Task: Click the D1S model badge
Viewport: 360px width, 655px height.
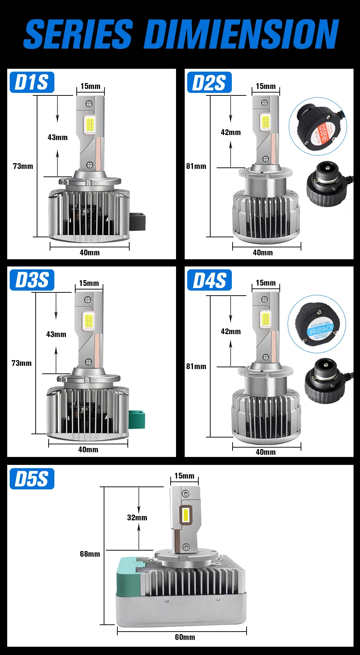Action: pos(32,82)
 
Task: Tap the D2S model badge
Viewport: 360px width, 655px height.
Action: pos(209,83)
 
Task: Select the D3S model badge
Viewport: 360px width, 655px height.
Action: pos(32,280)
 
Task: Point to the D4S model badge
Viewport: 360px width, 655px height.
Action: pos(209,280)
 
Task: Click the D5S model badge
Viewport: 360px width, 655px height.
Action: pos(32,479)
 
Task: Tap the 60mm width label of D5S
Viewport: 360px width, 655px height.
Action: pos(185,637)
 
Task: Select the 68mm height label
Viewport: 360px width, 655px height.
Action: pos(90,554)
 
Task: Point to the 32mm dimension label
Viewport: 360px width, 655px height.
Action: pos(137,517)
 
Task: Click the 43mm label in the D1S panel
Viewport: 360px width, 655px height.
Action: pos(58,137)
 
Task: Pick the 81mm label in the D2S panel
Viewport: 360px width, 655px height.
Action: pos(196,166)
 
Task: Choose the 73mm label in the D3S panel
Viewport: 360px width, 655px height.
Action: pos(22,363)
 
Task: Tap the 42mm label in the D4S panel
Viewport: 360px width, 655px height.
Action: pos(231,331)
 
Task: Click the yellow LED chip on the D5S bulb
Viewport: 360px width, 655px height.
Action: pos(186,515)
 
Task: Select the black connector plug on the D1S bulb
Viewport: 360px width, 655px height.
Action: pos(137,221)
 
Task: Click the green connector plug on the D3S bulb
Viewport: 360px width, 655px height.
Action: pos(137,420)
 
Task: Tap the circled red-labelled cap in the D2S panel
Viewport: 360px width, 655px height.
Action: pos(318,126)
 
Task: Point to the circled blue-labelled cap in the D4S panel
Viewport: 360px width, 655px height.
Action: pos(316,324)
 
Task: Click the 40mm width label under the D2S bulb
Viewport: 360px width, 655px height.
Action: pos(263,252)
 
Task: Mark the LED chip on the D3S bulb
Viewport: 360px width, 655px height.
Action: pos(89,320)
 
